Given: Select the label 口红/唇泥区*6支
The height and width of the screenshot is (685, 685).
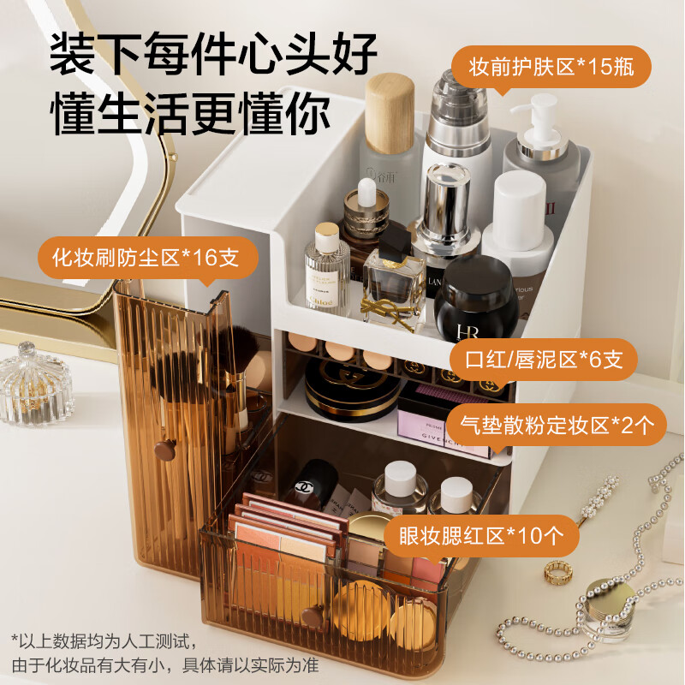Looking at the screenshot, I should pyautogui.click(x=544, y=360).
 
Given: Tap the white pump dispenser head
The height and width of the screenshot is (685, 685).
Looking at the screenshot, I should pyautogui.click(x=538, y=116).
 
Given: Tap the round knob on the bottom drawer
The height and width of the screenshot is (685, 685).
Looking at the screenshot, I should pyautogui.click(x=312, y=615).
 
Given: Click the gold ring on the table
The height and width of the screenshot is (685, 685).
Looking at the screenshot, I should pyautogui.click(x=558, y=569).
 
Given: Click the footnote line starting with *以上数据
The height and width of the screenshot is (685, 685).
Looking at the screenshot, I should pyautogui.click(x=105, y=639).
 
